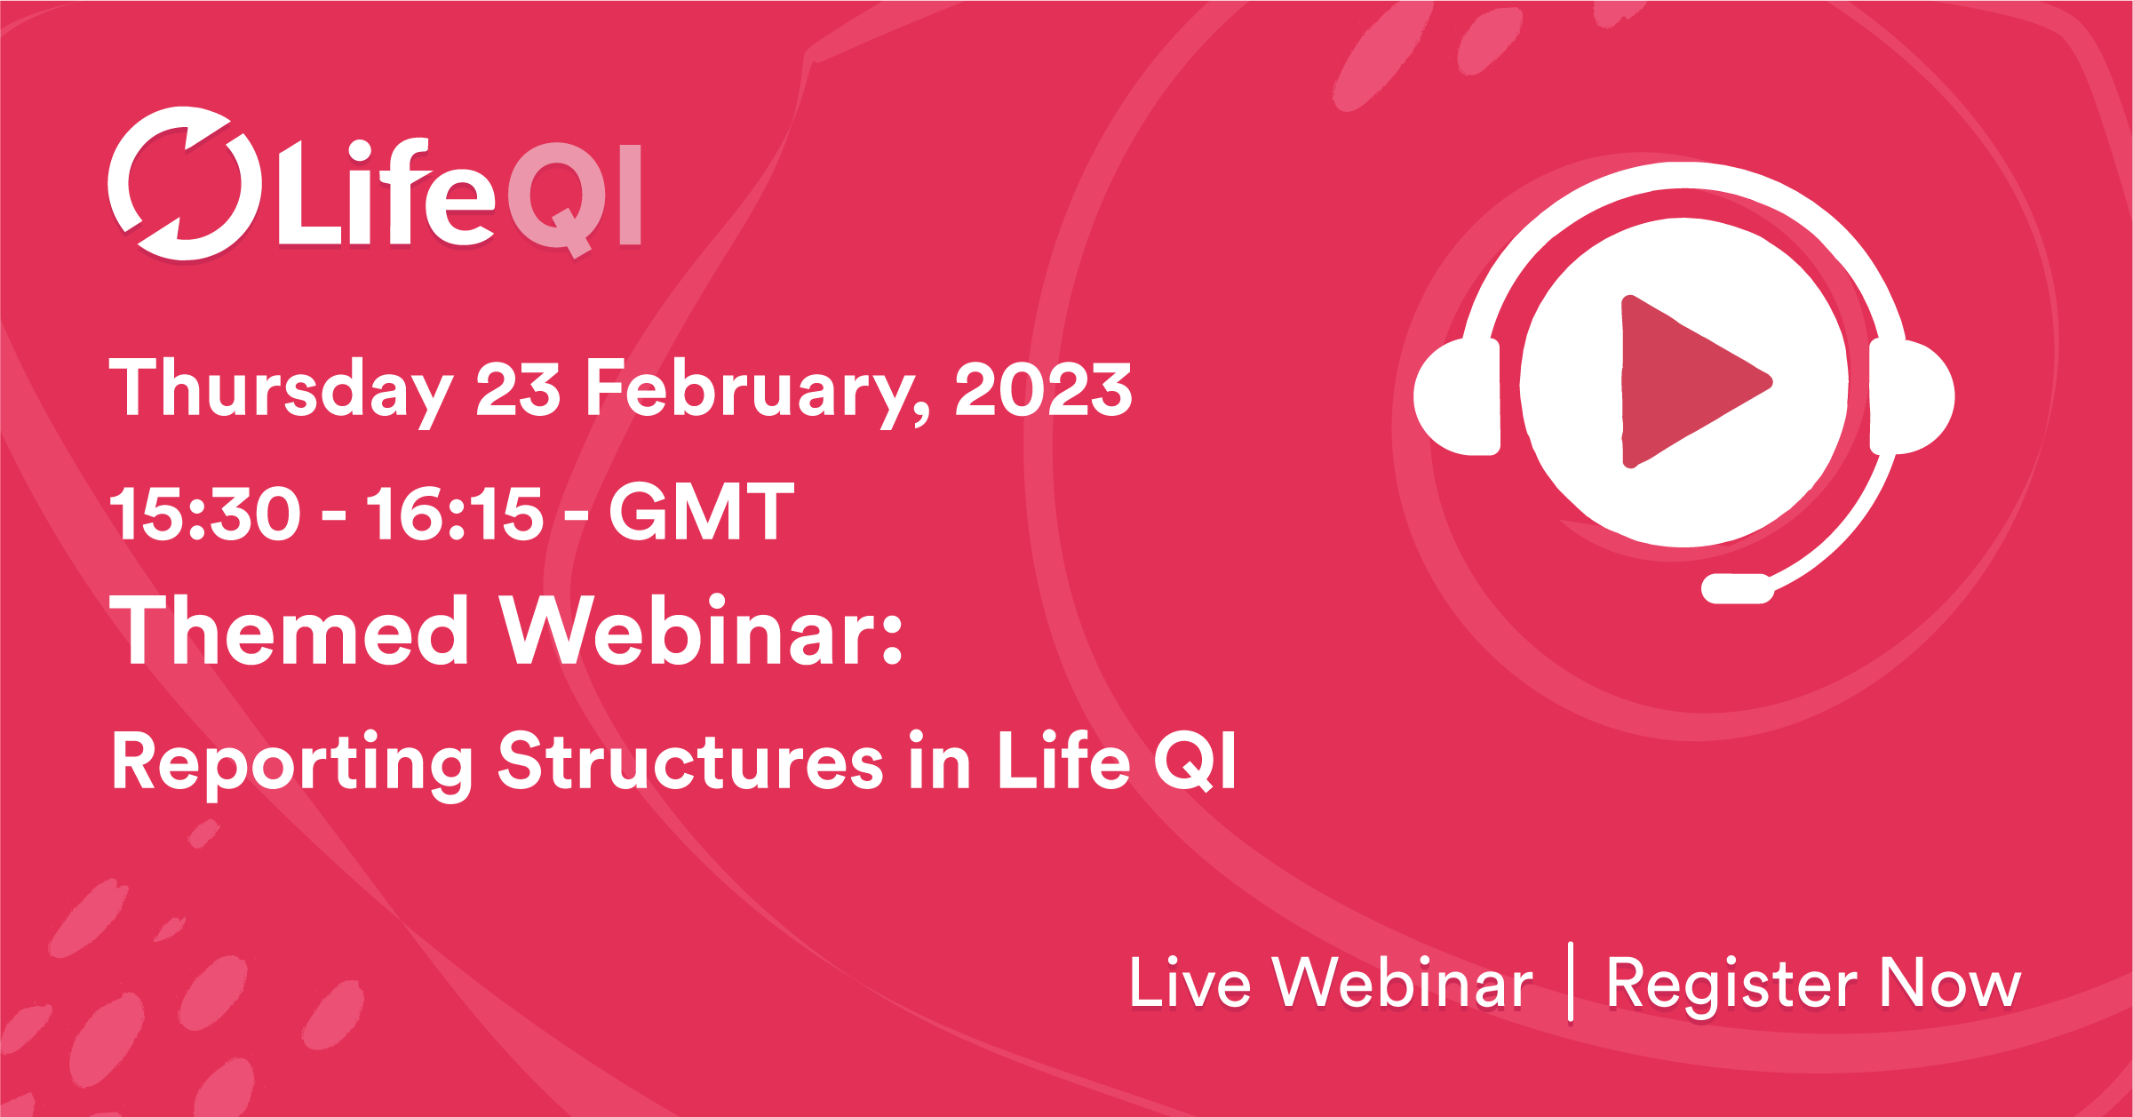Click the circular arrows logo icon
click(x=185, y=184)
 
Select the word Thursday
click(x=281, y=389)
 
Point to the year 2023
click(x=1043, y=389)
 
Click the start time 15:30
click(x=205, y=514)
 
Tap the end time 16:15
click(x=454, y=514)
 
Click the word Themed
click(x=290, y=631)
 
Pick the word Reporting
click(x=292, y=762)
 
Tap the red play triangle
click(x=1688, y=382)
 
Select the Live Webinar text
click(x=1330, y=984)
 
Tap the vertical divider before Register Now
click(x=1571, y=982)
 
